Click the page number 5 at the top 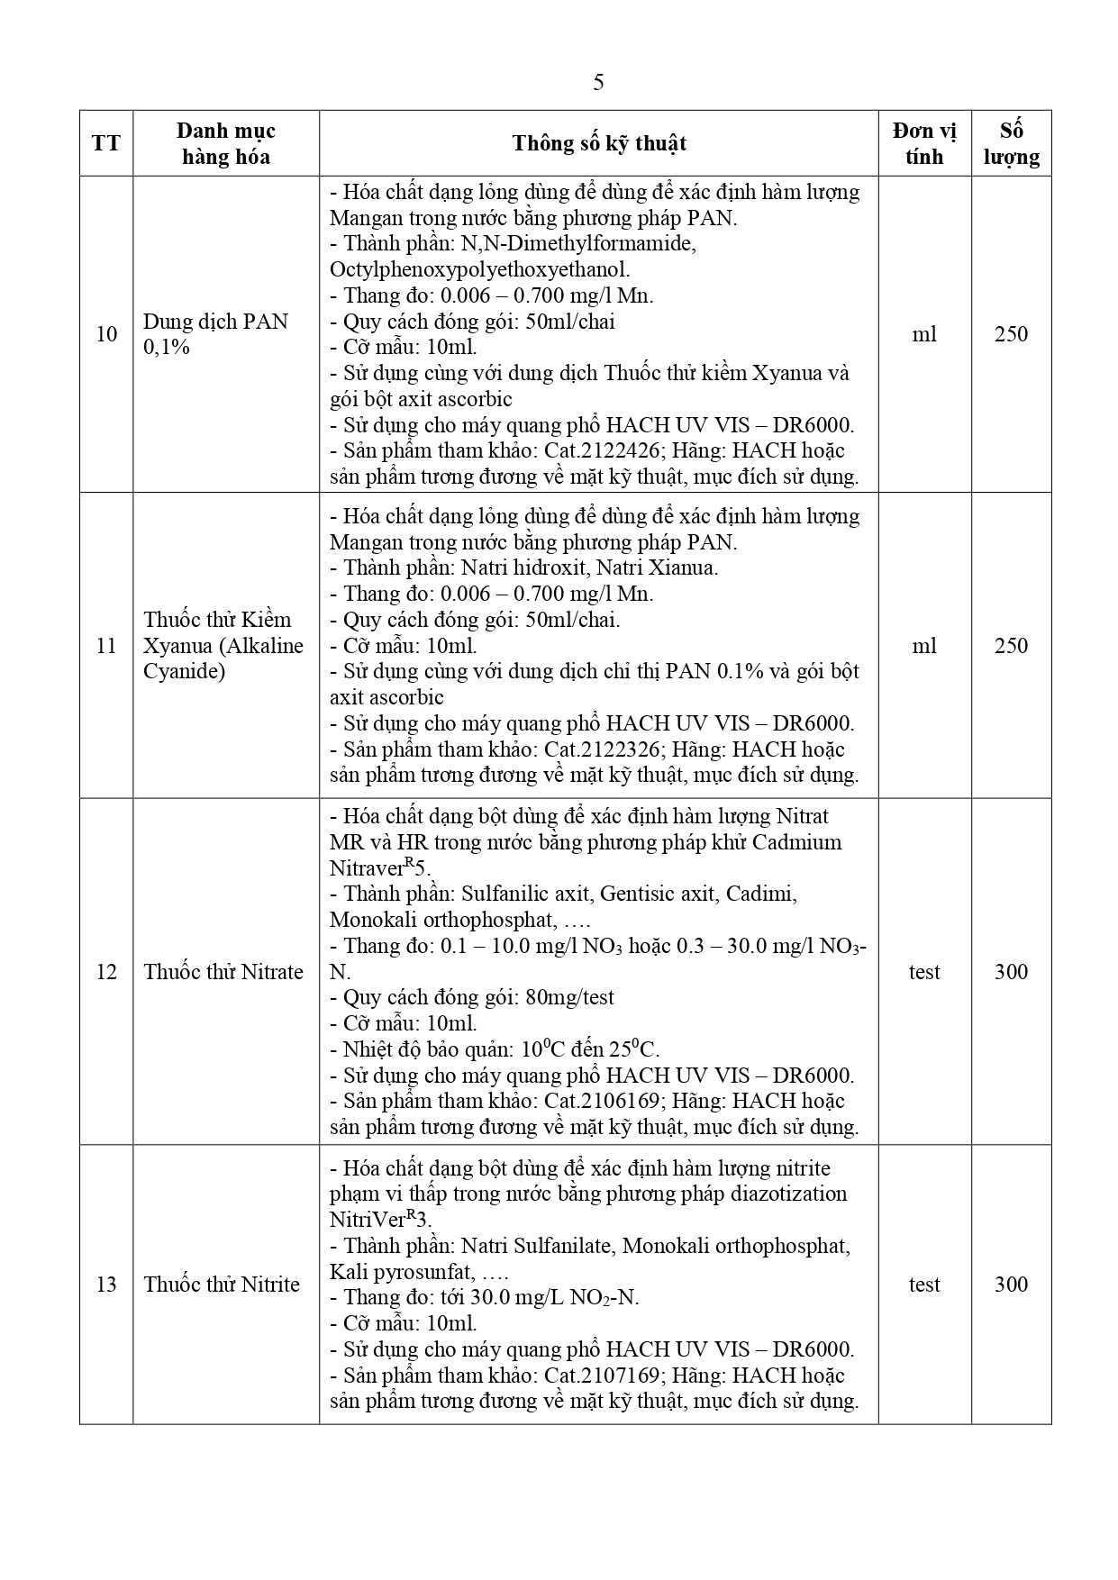[x=598, y=83]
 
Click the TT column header [x=106, y=143]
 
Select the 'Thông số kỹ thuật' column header [x=599, y=143]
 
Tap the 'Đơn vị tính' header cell [x=924, y=143]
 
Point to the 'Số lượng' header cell [x=1011, y=143]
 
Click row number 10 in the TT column [x=106, y=334]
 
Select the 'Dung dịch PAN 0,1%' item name [x=215, y=334]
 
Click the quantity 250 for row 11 [x=1011, y=646]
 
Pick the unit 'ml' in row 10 [x=924, y=334]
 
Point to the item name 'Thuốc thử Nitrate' [x=223, y=972]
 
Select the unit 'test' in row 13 [x=924, y=1285]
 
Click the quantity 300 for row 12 [x=1011, y=972]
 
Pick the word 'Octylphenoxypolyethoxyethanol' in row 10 [x=479, y=269]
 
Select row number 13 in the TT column [x=106, y=1285]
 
